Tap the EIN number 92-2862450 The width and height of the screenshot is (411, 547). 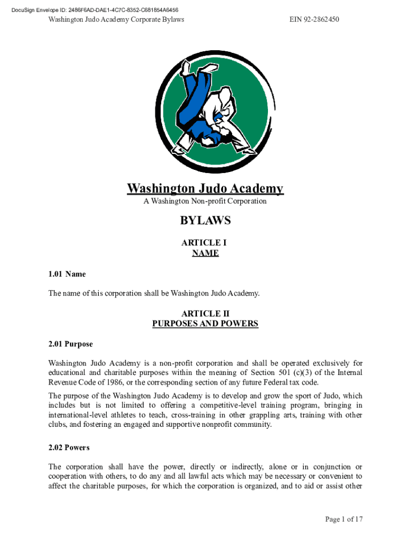pyautogui.click(x=314, y=20)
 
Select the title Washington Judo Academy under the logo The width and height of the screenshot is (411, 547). pyautogui.click(x=205, y=189)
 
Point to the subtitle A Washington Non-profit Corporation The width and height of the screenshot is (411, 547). pyautogui.click(x=205, y=201)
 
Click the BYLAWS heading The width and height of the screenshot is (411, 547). pyautogui.click(x=205, y=221)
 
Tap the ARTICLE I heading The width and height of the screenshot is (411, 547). pyautogui.click(x=205, y=243)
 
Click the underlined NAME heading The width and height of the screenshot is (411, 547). pyautogui.click(x=205, y=253)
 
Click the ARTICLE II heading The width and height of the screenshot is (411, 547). pyautogui.click(x=205, y=314)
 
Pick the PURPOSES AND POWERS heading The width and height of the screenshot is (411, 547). pyautogui.click(x=205, y=324)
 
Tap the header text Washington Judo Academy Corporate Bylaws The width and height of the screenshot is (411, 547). pyautogui.click(x=116, y=20)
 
